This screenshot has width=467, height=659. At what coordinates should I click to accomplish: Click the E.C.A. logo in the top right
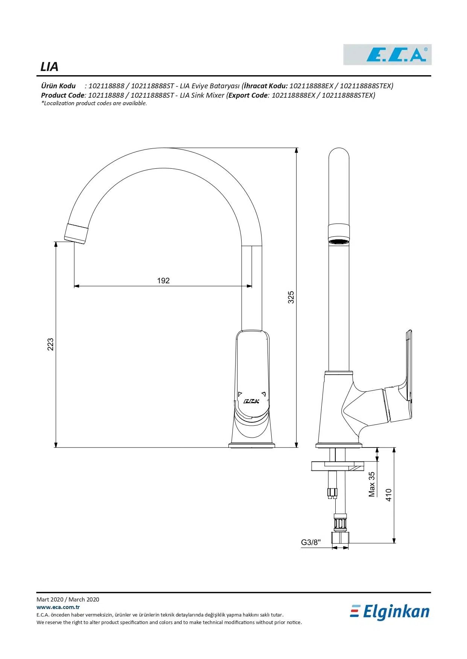[387, 55]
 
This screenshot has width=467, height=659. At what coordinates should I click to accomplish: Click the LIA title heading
[49, 67]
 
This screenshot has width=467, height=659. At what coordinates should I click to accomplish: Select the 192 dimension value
[163, 281]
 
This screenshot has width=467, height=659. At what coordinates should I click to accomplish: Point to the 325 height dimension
[291, 297]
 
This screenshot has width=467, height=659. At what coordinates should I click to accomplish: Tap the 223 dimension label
[50, 345]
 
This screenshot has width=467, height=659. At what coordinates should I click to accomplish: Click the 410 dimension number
[389, 495]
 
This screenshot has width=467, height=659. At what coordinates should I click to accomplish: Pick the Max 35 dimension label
[372, 484]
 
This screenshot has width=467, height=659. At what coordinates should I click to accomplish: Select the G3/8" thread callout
[310, 542]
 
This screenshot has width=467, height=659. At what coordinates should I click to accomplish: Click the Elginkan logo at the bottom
[390, 612]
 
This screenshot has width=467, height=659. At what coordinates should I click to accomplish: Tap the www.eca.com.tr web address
[58, 607]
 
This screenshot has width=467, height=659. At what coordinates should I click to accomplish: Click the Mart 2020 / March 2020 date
[68, 599]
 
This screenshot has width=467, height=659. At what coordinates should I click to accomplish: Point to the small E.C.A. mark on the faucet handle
[251, 401]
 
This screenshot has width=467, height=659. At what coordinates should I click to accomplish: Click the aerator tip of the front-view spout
[76, 233]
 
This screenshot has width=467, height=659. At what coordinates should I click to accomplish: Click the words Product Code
[62, 95]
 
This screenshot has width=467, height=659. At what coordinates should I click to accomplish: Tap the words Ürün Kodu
[58, 86]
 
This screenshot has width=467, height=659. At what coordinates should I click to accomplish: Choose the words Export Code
[248, 95]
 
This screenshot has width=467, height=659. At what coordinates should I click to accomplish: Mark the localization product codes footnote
[94, 103]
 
